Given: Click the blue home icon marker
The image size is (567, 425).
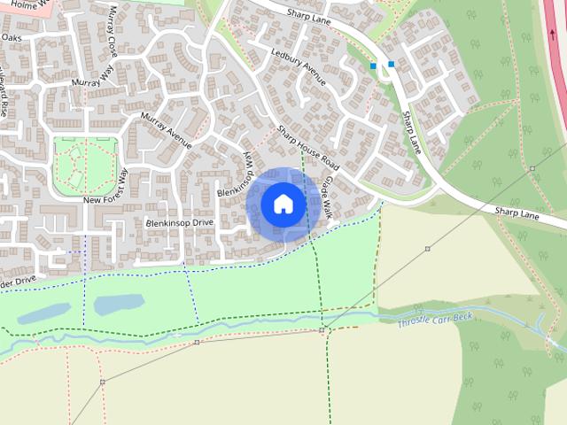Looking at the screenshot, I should (x=283, y=205).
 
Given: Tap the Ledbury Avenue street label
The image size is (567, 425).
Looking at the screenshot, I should (x=299, y=67).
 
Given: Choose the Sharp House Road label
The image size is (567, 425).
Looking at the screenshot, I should (x=307, y=148).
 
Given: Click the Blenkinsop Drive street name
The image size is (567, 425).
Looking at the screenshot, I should (x=181, y=222).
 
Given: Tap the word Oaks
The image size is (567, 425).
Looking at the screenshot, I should (x=11, y=38).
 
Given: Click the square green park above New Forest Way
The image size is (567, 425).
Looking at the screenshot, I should (x=85, y=166).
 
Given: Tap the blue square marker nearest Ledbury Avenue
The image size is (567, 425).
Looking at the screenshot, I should (x=373, y=66).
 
